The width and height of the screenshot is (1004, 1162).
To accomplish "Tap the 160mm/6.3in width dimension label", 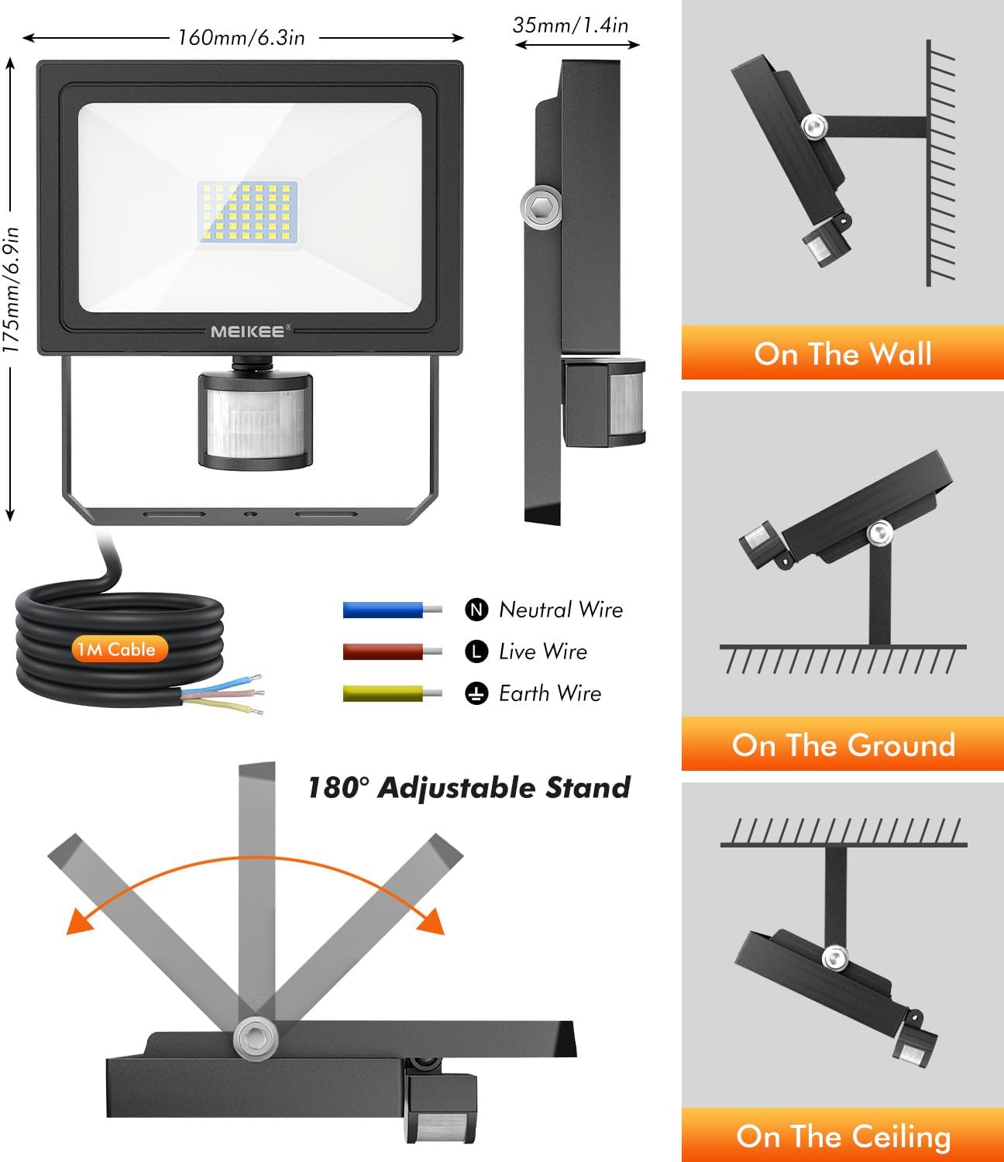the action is [x=241, y=38].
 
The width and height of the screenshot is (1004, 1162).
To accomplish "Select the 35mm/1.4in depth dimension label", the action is [x=570, y=26].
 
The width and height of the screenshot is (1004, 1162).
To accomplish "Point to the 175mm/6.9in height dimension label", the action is [x=12, y=290].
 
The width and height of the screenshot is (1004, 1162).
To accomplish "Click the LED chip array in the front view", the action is [x=247, y=212].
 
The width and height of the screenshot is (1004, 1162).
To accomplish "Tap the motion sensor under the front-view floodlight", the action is [x=255, y=419].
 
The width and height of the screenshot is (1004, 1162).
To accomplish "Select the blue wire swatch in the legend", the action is [x=392, y=610].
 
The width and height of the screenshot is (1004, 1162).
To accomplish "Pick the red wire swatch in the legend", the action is [x=392, y=651].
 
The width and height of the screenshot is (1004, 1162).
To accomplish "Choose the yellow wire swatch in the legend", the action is [x=392, y=694].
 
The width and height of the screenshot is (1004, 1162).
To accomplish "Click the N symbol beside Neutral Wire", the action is [x=476, y=610].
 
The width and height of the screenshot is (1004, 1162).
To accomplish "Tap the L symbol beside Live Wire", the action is [x=476, y=651].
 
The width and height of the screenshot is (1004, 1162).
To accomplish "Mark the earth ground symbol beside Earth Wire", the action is [x=476, y=694].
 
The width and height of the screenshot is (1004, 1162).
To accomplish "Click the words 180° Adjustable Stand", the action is [x=469, y=788].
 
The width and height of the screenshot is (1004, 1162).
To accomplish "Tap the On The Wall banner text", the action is [x=843, y=353].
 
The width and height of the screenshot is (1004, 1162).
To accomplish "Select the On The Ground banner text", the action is [x=843, y=745].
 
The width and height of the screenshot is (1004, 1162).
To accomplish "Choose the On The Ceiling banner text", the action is [x=843, y=1136].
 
